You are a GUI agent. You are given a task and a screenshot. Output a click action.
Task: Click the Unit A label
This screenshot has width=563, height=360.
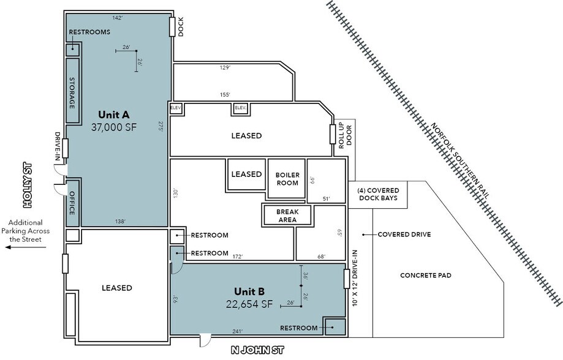click(113, 115)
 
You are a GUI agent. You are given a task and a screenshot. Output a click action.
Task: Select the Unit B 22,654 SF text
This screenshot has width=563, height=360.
click(249, 298)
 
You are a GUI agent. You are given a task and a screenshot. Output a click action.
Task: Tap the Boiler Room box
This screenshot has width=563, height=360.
click(287, 179)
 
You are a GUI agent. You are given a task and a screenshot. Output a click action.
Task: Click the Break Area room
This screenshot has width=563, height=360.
click(287, 216)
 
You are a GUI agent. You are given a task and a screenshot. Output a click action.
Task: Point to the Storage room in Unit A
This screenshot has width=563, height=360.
click(72, 91)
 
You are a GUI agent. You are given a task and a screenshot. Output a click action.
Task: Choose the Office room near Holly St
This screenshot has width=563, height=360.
click(72, 203)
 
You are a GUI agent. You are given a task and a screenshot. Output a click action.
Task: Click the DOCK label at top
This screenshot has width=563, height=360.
click(181, 26)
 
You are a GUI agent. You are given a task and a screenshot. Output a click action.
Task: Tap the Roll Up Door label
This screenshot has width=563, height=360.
click(345, 135)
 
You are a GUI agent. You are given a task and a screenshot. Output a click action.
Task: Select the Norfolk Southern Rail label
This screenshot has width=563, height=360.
click(459, 161)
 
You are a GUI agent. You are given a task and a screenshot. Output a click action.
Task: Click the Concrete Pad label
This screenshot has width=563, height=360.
click(426, 276)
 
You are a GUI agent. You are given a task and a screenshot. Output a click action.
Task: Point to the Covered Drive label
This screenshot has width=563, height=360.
click(404, 234)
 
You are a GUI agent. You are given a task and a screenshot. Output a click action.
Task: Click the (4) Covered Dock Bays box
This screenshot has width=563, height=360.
click(378, 195)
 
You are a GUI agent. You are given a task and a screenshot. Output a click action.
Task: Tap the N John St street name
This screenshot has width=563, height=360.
click(257, 350)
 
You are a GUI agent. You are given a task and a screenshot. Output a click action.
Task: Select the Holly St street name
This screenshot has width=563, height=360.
click(28, 186)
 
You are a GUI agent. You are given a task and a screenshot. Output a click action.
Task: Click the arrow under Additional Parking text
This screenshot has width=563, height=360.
click(26, 247)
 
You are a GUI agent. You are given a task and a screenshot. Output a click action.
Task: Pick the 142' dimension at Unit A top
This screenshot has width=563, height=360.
click(118, 18)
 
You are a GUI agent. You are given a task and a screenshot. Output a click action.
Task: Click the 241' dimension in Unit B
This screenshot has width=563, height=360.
click(237, 331)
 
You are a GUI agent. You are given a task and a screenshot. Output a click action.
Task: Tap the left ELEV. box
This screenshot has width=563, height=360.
click(176, 108)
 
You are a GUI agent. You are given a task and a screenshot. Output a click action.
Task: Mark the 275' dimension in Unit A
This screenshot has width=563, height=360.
click(161, 126)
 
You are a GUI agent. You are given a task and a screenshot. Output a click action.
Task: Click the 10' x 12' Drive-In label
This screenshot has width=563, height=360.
click(355, 278)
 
